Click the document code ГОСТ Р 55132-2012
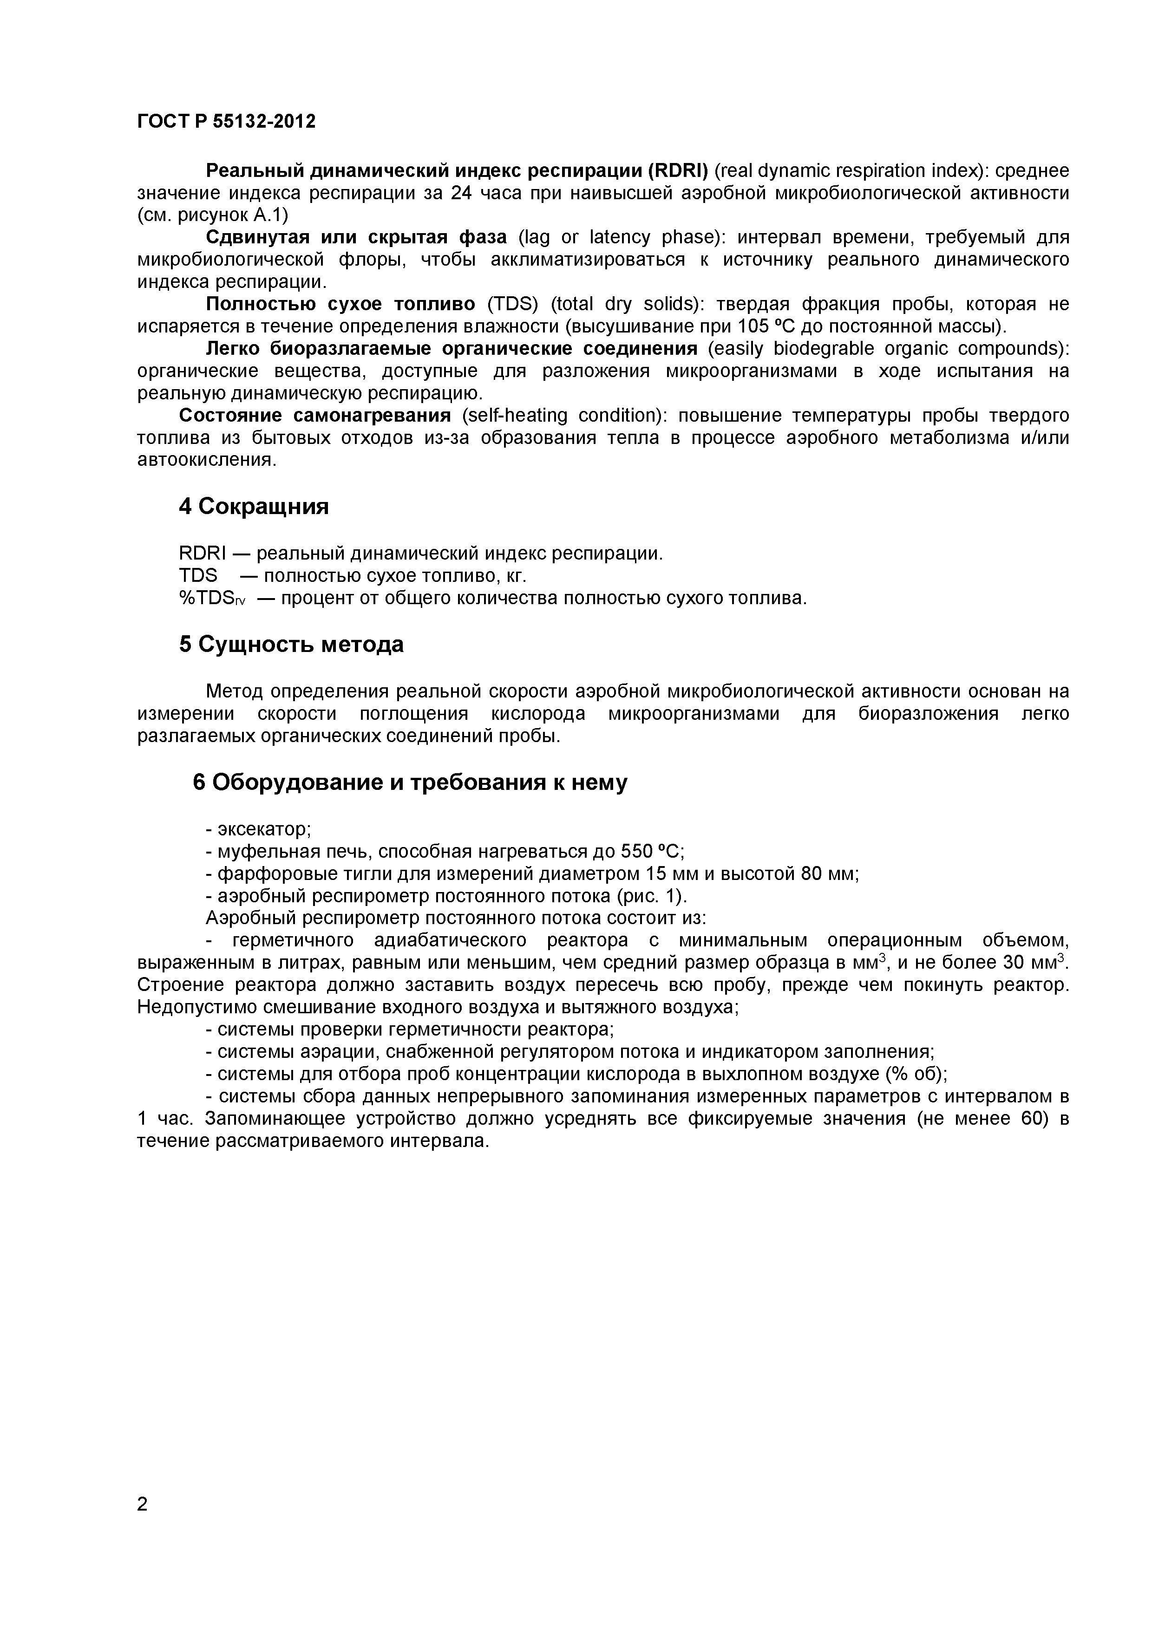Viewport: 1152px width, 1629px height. tap(226, 122)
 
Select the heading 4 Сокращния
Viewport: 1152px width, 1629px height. tap(254, 507)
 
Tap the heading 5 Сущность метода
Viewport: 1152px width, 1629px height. tap(291, 644)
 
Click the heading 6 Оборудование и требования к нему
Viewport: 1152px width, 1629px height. tap(410, 782)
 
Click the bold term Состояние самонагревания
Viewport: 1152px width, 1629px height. tap(315, 415)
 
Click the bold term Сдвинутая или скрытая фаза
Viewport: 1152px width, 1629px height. tap(356, 237)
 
